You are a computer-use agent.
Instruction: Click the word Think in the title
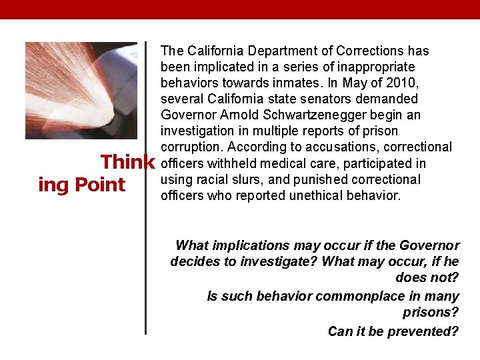click(x=127, y=163)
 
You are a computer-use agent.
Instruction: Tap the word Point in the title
click(x=101, y=185)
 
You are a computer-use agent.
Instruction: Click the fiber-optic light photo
click(x=81, y=90)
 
